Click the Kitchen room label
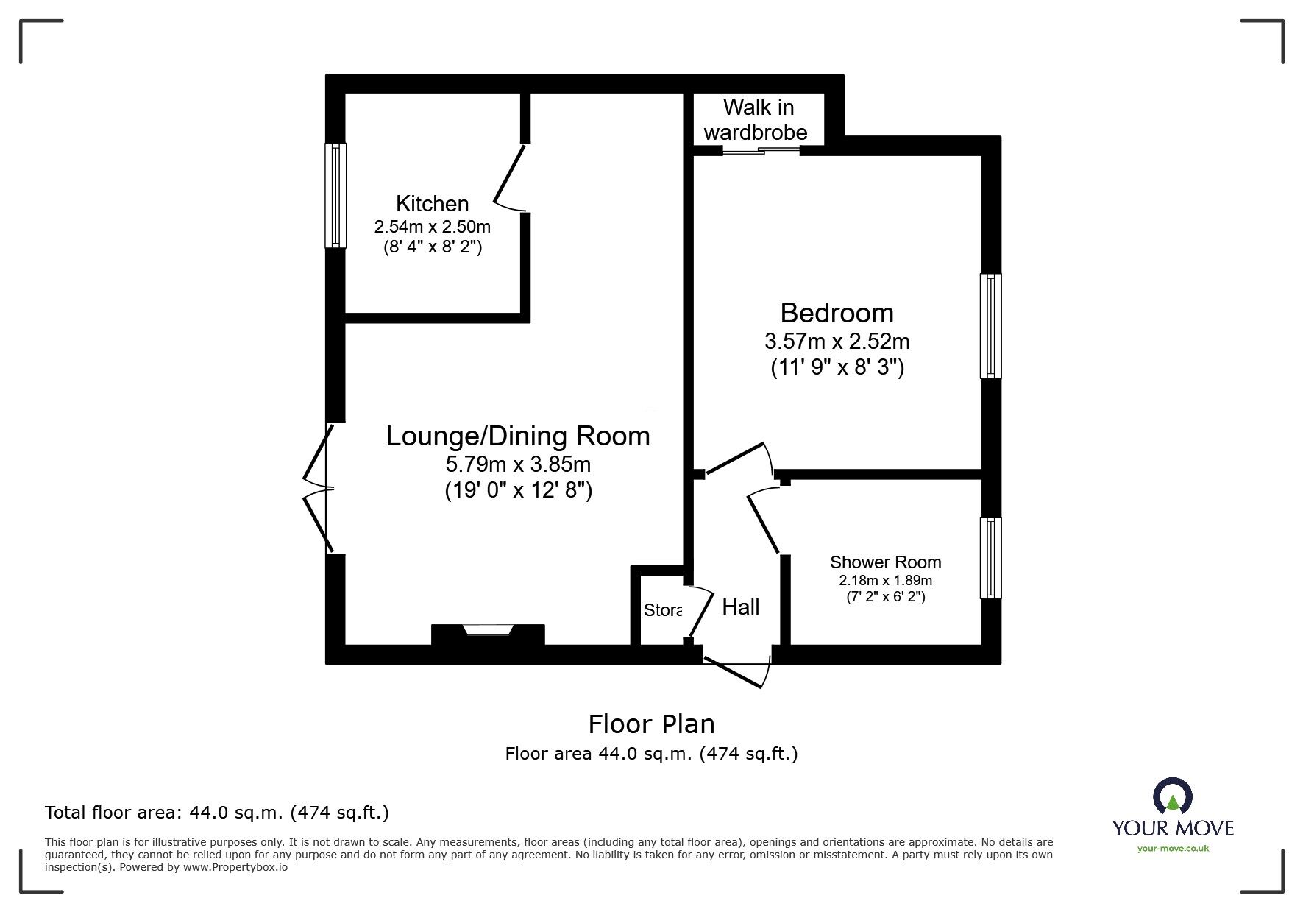432,204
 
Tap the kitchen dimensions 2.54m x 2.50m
432,227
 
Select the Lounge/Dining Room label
518,436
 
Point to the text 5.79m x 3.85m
518,464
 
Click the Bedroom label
837,313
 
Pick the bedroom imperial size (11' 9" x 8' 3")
837,367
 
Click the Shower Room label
885,562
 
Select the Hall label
740,607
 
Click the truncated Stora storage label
662,610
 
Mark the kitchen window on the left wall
335,195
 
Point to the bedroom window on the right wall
991,326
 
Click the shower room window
991,558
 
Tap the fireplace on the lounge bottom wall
488,632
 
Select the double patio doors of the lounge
319,488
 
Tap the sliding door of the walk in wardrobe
761,152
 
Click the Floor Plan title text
651,724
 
